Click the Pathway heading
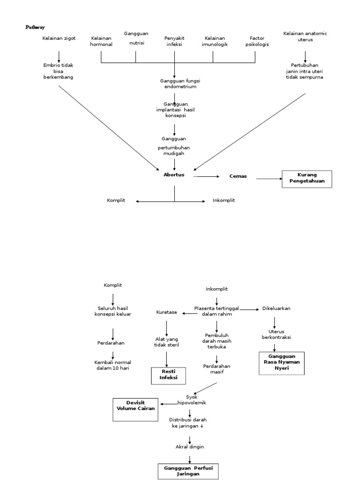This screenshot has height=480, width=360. tap(35, 28)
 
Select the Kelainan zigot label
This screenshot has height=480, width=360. tap(59, 38)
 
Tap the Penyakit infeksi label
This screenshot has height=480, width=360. tap(174, 41)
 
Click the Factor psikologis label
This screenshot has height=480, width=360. tap(257, 41)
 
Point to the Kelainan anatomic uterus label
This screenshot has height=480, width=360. tap(305, 37)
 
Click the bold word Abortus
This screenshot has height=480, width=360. tap(174, 175)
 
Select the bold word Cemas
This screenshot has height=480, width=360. tap(238, 176)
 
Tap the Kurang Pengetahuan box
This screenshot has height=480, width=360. tap(307, 179)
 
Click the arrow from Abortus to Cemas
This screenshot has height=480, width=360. tap(206, 176)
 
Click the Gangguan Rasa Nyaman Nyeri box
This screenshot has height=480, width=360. tap(281, 363)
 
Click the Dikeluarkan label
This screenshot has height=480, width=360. tap(276, 308)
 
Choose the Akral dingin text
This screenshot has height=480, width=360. tap(189, 447)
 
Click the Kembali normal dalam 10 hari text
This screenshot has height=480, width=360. tap(113, 365)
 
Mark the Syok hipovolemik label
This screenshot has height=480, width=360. tap(192, 400)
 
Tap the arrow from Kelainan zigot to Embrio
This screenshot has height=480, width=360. tap(59, 56)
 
